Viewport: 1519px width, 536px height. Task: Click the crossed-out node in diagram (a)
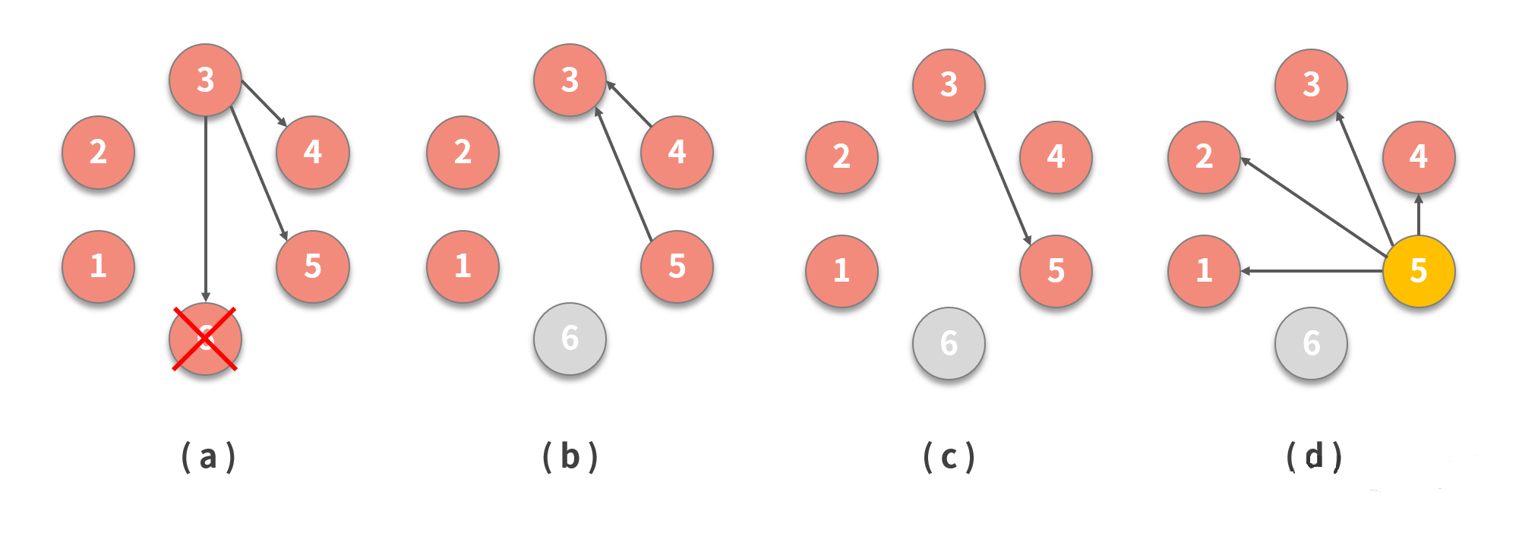205,339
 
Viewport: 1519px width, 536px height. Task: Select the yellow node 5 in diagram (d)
1418,270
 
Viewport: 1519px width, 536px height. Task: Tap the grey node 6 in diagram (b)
570,339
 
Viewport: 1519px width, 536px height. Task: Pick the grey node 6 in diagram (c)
949,343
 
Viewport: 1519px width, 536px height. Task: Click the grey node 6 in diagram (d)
1311,343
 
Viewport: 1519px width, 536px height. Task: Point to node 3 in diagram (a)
205,80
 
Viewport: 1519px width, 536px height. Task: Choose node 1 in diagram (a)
98,266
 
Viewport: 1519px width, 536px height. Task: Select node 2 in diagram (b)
463,152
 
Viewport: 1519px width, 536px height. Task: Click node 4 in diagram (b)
677,152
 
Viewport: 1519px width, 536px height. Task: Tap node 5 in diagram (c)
1056,271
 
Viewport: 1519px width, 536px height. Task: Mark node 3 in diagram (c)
949,85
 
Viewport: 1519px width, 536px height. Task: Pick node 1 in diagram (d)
1204,271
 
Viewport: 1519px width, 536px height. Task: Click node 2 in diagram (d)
1204,156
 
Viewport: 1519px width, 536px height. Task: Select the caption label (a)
208,457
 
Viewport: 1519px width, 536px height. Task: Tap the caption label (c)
949,457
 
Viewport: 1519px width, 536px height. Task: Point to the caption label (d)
1314,457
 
